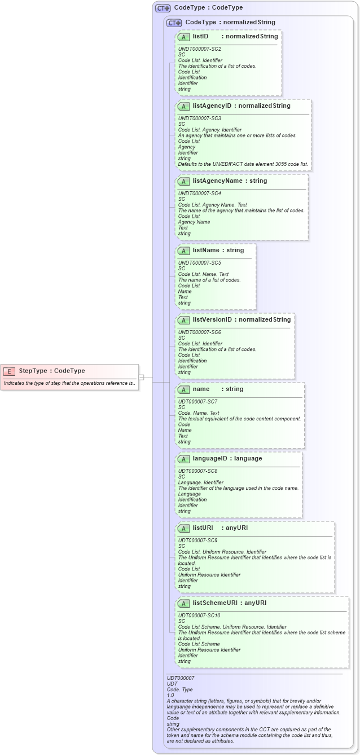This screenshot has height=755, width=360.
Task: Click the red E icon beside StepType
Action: pyautogui.click(x=9, y=371)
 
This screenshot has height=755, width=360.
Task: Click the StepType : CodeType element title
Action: pyautogui.click(x=52, y=371)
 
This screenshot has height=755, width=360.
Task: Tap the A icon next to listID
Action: pyautogui.click(x=183, y=37)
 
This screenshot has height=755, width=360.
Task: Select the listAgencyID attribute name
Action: pyautogui.click(x=213, y=106)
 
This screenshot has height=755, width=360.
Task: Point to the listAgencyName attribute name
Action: pyautogui.click(x=218, y=181)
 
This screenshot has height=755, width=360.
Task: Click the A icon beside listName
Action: pyautogui.click(x=183, y=250)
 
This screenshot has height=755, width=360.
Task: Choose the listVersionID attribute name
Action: pyautogui.click(x=212, y=319)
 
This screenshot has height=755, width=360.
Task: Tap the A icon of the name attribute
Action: pyautogui.click(x=183, y=389)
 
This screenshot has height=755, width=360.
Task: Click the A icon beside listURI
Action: pyautogui.click(x=183, y=528)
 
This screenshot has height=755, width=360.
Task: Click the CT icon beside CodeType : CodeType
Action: pyautogui.click(x=163, y=8)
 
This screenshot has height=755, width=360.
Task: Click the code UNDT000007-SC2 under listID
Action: pyautogui.click(x=199, y=49)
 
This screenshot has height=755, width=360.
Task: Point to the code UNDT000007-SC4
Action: pyautogui.click(x=199, y=194)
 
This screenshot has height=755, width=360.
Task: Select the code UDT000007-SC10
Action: pyautogui.click(x=199, y=615)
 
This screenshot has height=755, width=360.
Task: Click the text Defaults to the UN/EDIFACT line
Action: pyautogui.click(x=243, y=164)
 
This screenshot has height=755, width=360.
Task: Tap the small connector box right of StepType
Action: pyautogui.click(x=142, y=377)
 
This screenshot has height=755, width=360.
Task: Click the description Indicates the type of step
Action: pyautogui.click(x=69, y=383)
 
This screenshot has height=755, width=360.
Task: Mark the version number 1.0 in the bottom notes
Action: pyautogui.click(x=170, y=695)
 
